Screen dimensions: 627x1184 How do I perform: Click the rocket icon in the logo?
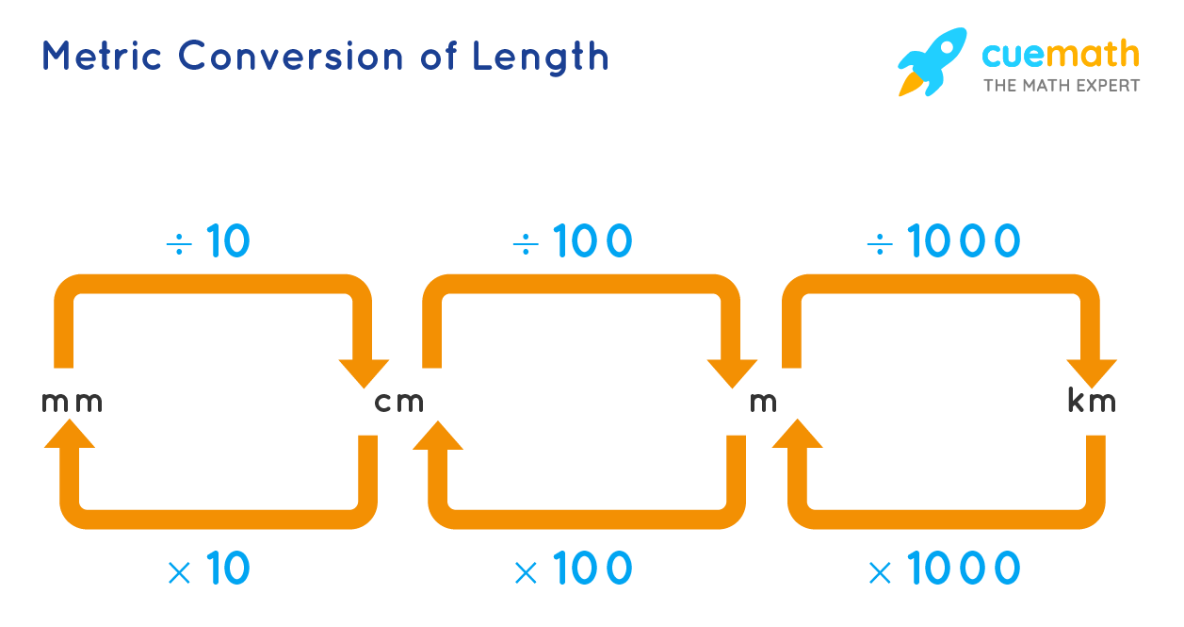coord(932,61)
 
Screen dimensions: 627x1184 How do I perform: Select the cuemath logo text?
coord(1060,54)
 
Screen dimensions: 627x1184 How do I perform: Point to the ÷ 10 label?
coord(208,243)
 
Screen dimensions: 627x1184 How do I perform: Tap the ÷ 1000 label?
coord(943,243)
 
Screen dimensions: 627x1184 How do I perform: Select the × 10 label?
coord(208,569)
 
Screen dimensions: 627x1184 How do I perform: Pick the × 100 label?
coord(573,569)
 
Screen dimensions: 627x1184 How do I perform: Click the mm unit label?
coord(72,403)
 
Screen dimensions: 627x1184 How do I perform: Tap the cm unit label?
coord(399,403)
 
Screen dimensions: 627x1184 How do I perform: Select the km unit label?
coord(1091,403)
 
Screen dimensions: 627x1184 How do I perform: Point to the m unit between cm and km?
coord(763,403)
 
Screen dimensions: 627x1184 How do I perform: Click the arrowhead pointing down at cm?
coord(365,373)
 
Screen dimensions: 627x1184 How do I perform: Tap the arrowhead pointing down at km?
coord(1093,373)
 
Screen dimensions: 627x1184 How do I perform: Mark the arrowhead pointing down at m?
coord(733,373)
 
